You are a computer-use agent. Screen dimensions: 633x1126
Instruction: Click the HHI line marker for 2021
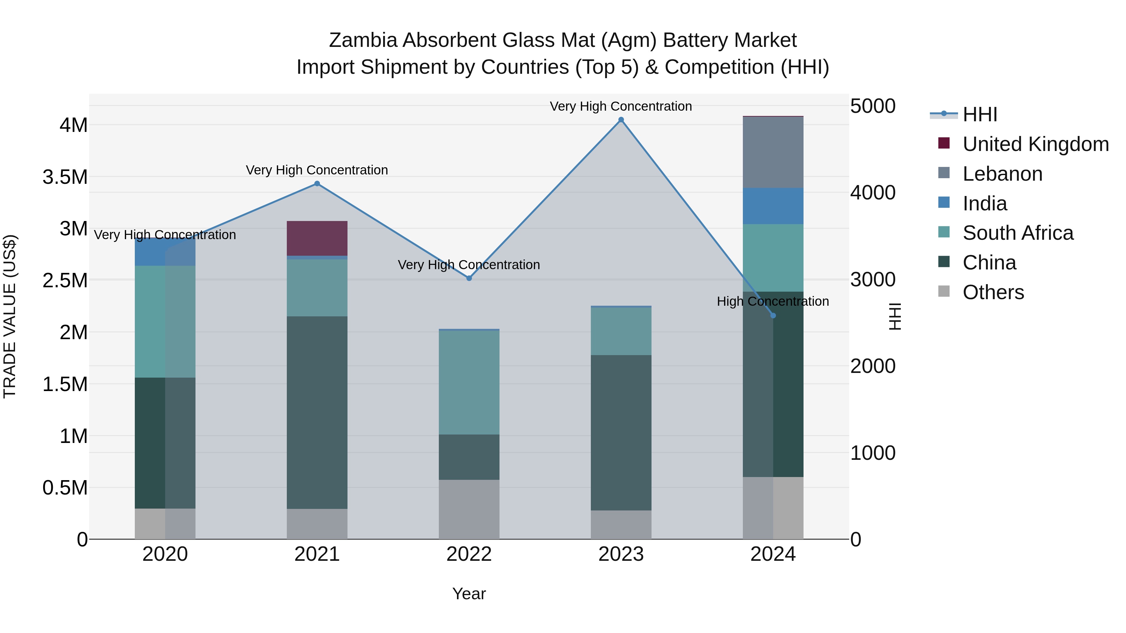pos(317,184)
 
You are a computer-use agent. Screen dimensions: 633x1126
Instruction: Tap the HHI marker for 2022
pos(469,278)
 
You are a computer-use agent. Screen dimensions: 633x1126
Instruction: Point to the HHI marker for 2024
pos(773,315)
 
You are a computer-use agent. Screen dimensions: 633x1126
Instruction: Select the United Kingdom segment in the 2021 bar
pos(317,238)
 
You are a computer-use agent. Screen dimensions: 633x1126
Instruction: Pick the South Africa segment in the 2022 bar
pos(469,382)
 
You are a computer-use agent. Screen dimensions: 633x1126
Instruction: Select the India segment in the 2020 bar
pos(165,252)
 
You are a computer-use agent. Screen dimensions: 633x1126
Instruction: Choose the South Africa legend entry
pos(1017,233)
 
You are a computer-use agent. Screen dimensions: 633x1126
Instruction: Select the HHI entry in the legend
pos(980,114)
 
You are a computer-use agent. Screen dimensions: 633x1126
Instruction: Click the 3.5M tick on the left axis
pos(65,177)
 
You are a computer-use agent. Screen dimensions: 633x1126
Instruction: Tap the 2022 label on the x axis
pos(469,554)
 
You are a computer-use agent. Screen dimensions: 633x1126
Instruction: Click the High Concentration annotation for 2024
pos(773,301)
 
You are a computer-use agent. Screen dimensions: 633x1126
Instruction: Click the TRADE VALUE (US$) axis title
pos(10,316)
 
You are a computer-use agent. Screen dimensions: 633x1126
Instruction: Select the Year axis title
pos(469,594)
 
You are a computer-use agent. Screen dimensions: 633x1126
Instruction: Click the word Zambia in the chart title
pos(363,40)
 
